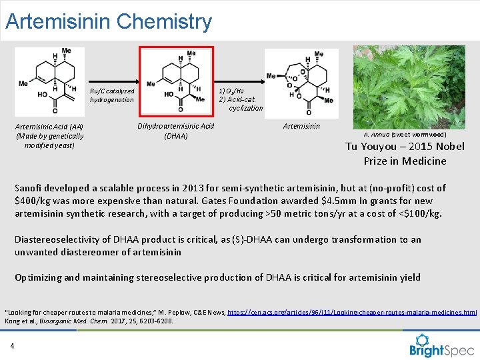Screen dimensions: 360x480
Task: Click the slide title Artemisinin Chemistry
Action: tap(108, 21)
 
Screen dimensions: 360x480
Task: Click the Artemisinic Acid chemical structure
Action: tap(49, 81)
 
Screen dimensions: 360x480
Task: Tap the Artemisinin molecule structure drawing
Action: tap(301, 81)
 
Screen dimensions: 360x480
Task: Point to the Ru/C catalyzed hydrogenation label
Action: tap(112, 95)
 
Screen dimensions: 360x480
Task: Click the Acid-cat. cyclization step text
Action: tap(241, 104)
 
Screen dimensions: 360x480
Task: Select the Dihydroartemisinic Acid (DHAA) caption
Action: tap(176, 131)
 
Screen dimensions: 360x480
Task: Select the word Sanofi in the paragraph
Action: tap(29, 188)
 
